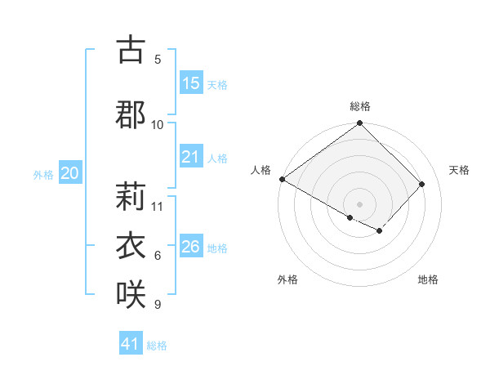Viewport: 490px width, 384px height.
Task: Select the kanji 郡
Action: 131,114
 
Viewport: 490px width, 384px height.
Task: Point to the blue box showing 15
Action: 190,83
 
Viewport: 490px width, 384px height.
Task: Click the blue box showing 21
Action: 190,157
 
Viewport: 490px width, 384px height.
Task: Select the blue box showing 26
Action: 190,247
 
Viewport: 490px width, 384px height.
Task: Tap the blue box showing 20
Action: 70,173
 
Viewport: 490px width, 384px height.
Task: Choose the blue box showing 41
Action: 131,344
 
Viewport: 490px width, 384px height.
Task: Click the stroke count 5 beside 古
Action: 158,59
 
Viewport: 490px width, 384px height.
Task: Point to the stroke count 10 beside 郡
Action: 158,124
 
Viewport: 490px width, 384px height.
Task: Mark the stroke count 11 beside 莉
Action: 158,206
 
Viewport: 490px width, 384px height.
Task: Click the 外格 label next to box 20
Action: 43,175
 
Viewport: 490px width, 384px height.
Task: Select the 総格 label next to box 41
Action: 157,346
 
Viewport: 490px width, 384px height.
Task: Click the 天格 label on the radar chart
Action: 460,170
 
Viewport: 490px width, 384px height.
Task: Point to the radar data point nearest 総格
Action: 359,124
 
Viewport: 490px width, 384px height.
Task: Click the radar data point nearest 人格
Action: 282,179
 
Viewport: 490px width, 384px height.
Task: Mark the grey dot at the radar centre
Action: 359,203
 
